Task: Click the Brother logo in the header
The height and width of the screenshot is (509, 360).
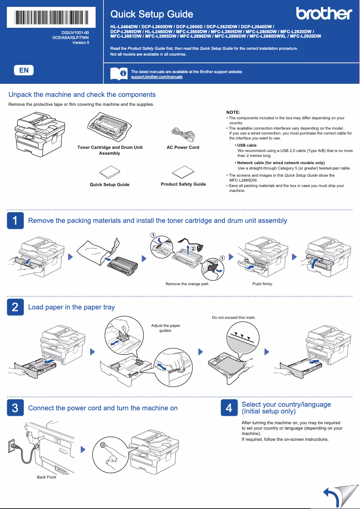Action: (324, 14)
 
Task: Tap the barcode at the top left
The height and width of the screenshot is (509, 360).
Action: (51, 17)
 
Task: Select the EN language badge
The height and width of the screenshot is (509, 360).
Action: (24, 70)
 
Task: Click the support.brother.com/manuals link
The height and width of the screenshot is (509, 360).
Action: (157, 77)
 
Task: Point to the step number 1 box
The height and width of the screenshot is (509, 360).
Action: (15, 221)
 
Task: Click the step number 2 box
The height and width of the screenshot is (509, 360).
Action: (15, 307)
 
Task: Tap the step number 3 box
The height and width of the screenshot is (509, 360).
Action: (15, 408)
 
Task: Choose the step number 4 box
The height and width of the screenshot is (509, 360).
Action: (229, 408)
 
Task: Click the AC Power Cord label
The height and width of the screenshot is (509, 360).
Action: (183, 148)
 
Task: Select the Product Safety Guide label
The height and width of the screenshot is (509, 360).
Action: (183, 184)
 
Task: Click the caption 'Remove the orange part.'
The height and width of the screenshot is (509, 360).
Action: (187, 284)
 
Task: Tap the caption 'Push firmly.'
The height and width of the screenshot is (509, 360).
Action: (263, 284)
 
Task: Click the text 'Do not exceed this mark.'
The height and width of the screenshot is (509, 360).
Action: (233, 318)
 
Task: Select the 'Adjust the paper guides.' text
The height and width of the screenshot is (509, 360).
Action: (166, 328)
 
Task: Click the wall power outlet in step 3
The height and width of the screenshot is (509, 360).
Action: (12, 445)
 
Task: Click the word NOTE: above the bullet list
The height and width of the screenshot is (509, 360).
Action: (233, 112)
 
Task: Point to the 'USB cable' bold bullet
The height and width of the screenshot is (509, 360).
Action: (246, 145)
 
